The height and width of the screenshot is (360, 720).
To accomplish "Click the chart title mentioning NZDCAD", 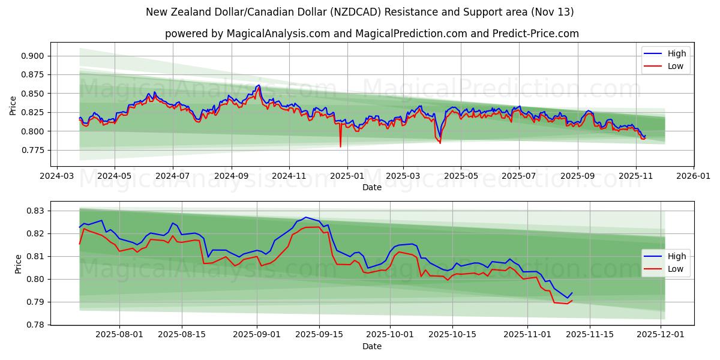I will click(x=359, y=12).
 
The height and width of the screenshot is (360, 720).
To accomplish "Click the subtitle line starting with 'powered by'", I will click(x=371, y=34).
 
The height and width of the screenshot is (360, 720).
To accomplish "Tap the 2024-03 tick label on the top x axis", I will click(x=56, y=176).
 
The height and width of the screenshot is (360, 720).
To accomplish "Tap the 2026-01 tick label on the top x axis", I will click(x=693, y=176).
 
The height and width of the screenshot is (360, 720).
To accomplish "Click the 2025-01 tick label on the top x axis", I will click(x=346, y=176).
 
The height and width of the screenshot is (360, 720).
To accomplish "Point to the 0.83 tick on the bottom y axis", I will click(x=37, y=211).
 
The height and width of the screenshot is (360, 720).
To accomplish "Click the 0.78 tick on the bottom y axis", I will click(x=37, y=325).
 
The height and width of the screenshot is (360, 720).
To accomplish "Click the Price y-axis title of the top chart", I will click(x=13, y=104).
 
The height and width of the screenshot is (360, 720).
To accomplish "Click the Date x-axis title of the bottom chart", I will click(x=371, y=346).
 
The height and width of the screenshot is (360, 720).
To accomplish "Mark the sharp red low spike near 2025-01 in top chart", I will click(x=340, y=146).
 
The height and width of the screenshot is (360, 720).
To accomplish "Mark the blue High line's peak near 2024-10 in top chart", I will click(x=259, y=85).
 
